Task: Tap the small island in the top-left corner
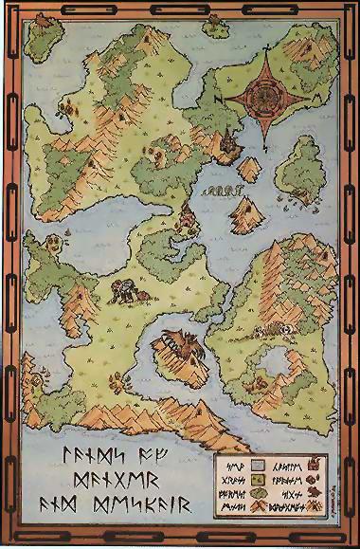pyautogui.click(x=42, y=36)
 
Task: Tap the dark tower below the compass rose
pyautogui.click(x=229, y=144)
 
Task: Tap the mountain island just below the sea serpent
pyautogui.click(x=244, y=210)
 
